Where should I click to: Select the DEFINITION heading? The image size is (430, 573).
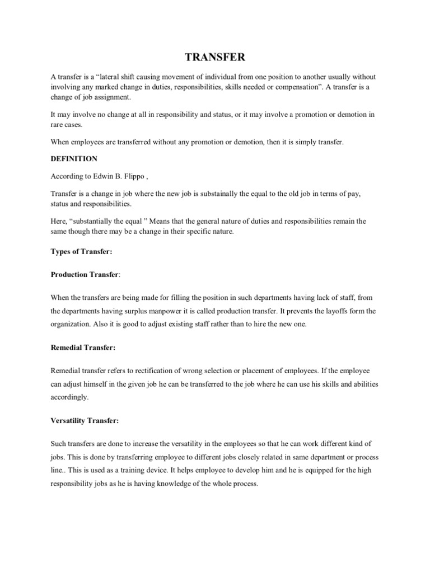tap(74, 159)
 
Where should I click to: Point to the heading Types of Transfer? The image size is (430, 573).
tap(81, 252)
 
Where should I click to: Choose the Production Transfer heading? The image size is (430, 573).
tap(85, 275)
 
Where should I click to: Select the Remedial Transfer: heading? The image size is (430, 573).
tap(83, 347)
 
